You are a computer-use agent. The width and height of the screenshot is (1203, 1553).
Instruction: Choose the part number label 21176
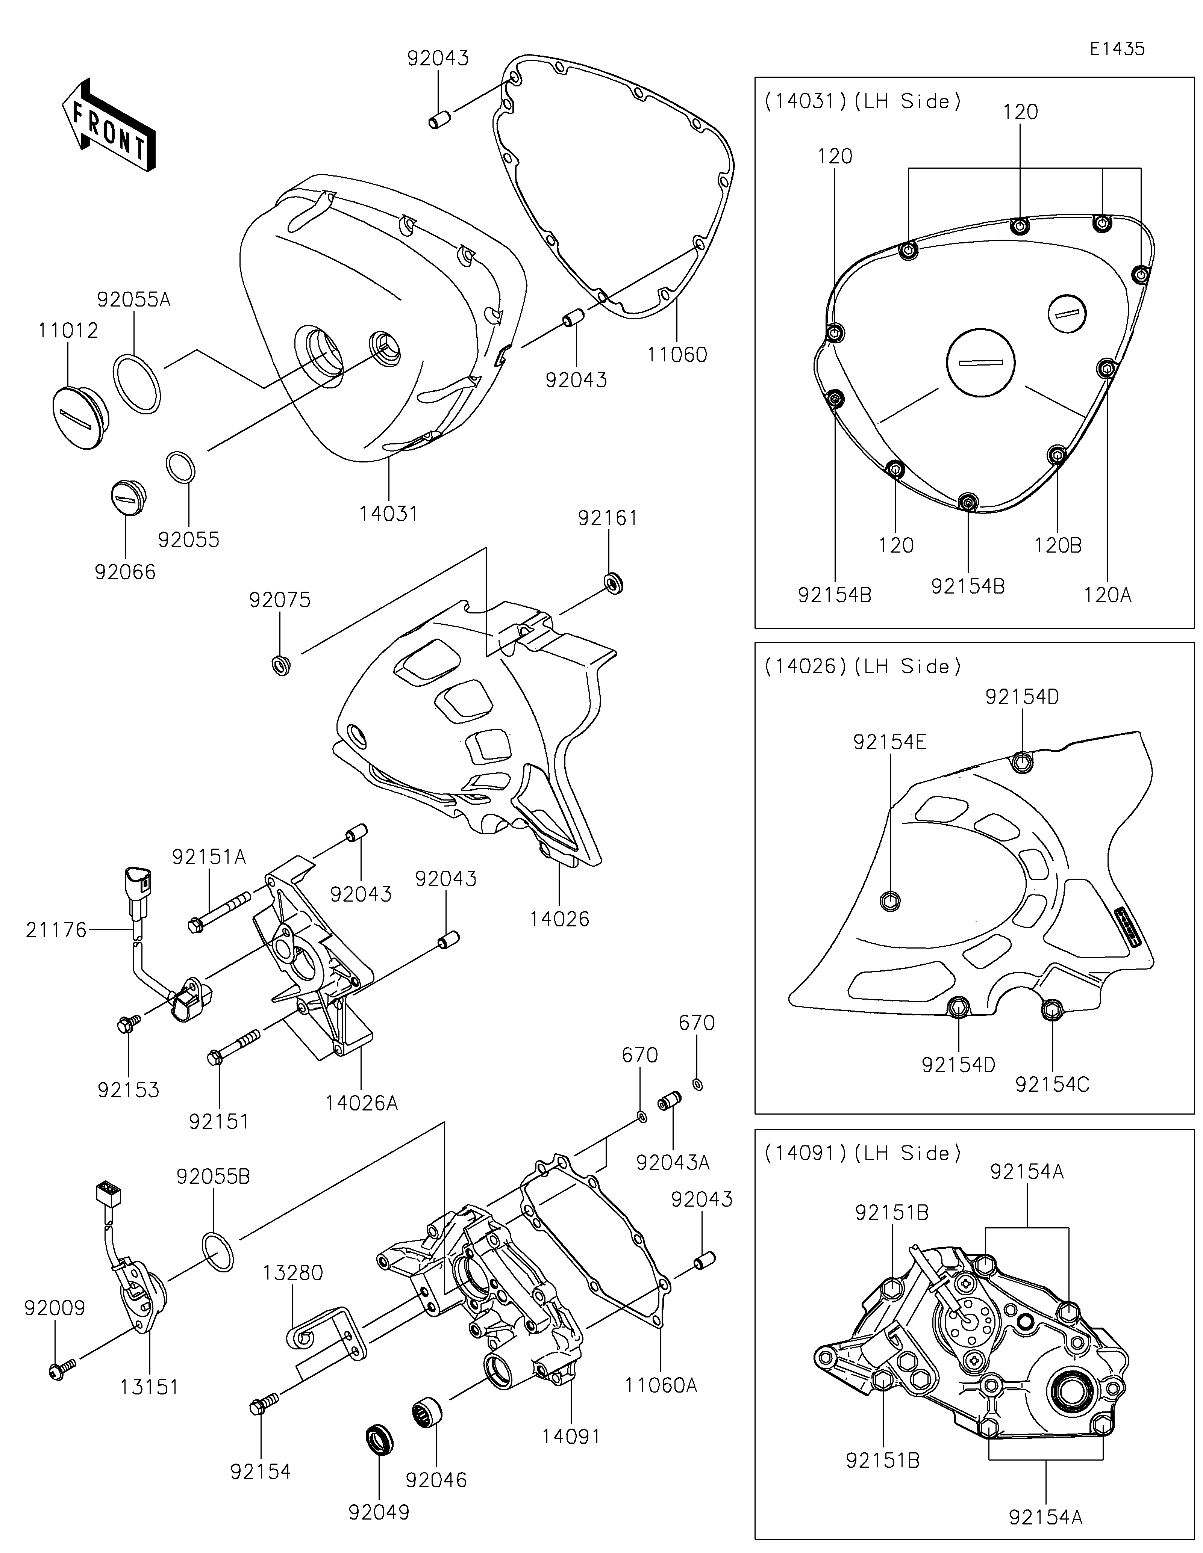[56, 929]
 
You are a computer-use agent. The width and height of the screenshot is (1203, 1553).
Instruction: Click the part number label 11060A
[661, 1385]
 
